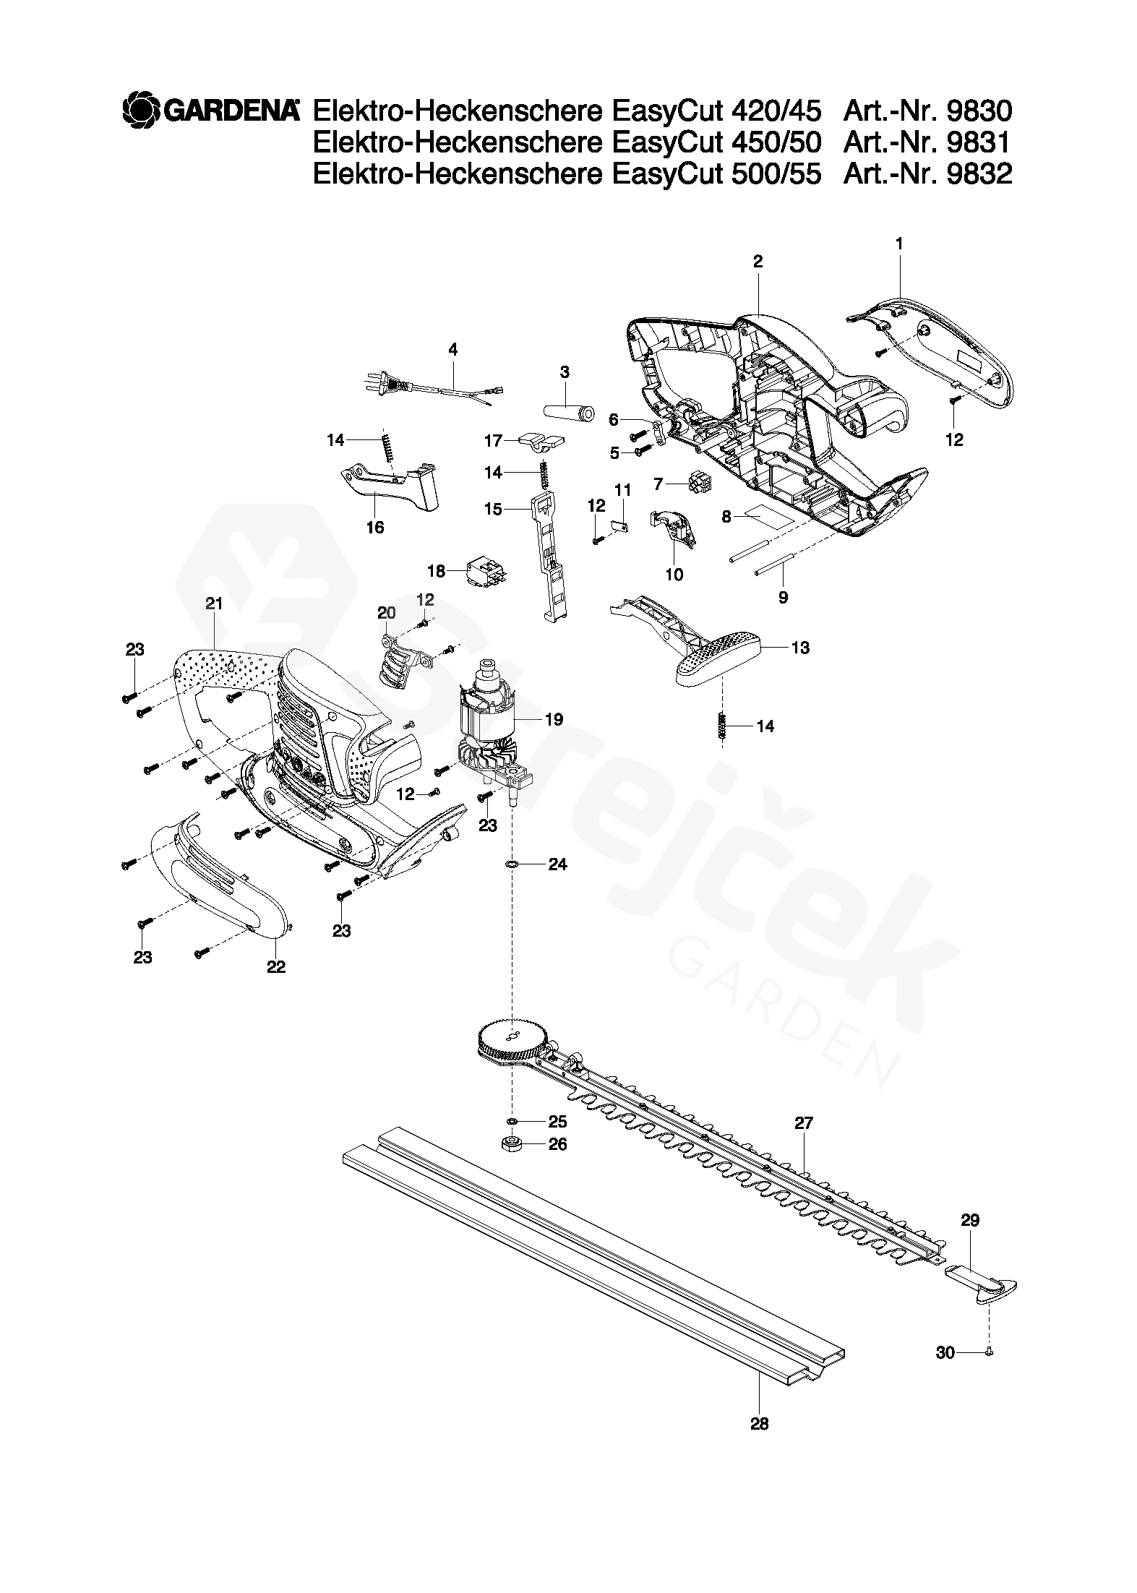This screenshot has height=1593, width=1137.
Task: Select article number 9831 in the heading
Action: (978, 142)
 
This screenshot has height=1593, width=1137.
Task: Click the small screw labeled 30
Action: (989, 1351)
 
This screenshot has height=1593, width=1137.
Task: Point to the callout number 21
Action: (214, 604)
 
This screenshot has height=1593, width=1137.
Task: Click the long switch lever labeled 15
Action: (551, 557)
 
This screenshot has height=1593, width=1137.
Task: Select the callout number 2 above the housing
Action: (758, 262)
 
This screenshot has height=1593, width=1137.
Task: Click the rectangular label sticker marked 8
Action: (769, 516)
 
